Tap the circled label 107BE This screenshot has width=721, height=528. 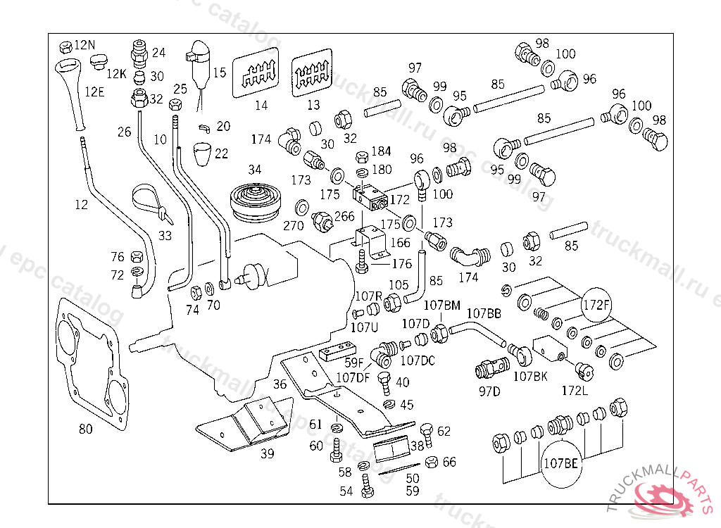[560, 463]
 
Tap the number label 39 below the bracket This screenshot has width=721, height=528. [267, 454]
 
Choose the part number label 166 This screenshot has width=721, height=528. [401, 243]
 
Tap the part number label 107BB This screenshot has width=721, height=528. [484, 313]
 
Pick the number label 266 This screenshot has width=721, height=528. [344, 218]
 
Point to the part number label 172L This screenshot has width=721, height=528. [575, 391]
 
